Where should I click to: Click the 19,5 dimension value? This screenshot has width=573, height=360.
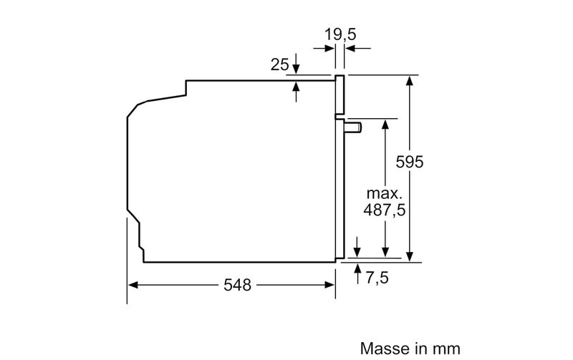coord(340,34)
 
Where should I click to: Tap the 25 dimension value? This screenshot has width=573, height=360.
coord(279,64)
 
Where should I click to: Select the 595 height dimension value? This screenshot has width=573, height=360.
coord(409,162)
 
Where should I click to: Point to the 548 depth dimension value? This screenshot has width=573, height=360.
coord(238,285)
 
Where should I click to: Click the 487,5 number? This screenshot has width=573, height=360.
coord(385,210)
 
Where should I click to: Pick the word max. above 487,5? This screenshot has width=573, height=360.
coord(384,193)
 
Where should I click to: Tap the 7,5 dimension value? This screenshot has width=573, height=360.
coord(377,278)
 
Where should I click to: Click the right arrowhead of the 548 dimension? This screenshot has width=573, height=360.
coord(330,285)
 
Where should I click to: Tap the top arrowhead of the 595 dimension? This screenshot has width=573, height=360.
coord(409,81)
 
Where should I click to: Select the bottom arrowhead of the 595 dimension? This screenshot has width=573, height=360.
coord(409,256)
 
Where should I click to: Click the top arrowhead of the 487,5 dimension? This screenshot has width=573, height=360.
coord(385,124)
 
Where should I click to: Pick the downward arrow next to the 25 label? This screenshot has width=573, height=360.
coord(296,64)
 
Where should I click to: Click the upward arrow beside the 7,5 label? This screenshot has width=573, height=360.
coord(357,273)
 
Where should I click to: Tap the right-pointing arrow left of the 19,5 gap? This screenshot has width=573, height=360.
coord(324,48)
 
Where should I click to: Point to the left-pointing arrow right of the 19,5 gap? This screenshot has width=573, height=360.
coord(357,48)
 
